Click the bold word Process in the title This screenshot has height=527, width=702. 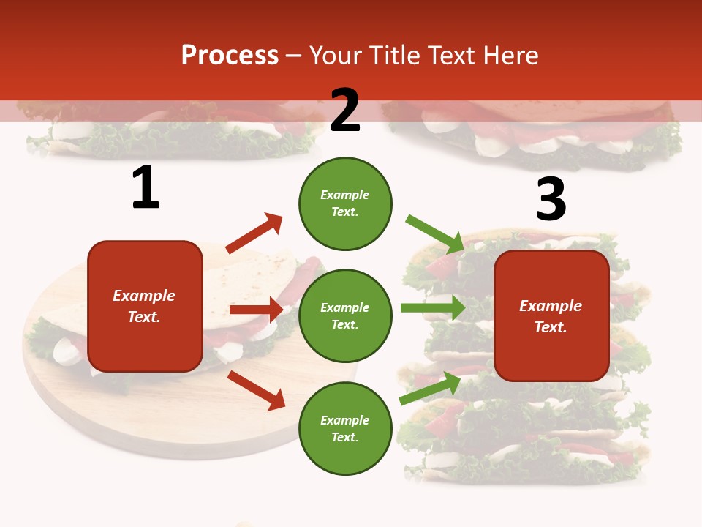click(x=230, y=56)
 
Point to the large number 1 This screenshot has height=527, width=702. click(x=146, y=188)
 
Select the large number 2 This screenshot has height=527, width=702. click(x=345, y=111)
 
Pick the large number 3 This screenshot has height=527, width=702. click(x=551, y=199)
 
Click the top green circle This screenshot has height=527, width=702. click(x=345, y=203)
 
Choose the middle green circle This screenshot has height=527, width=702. click(x=345, y=315)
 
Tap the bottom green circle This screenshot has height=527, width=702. click(x=345, y=428)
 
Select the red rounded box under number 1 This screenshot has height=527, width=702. click(x=145, y=306)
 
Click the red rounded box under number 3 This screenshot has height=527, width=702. click(x=551, y=315)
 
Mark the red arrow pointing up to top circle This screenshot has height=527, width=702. click(x=254, y=233)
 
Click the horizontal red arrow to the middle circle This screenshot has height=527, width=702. click(x=256, y=310)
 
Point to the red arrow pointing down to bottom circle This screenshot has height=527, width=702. click(x=256, y=390)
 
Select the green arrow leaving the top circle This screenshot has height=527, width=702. click(x=435, y=233)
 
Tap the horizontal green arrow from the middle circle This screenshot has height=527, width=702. click(x=432, y=308)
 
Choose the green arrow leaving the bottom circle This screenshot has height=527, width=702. click(x=430, y=389)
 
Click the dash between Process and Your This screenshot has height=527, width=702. click(x=294, y=56)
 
